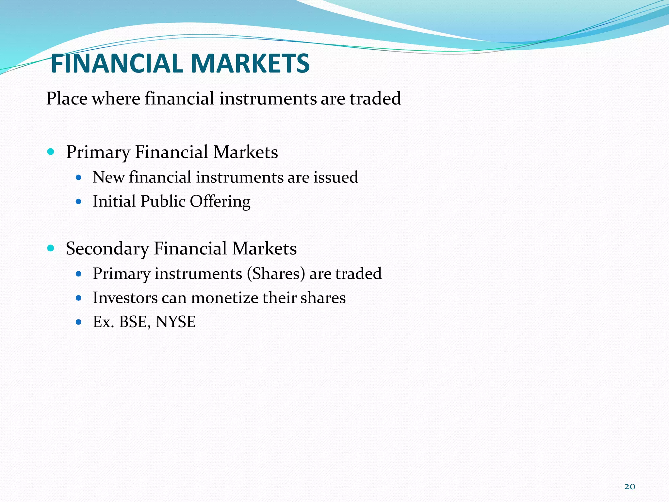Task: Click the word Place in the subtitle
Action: (67, 98)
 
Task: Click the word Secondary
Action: (107, 248)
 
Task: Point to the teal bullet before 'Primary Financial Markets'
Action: (50, 152)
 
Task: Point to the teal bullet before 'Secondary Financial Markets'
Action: (50, 248)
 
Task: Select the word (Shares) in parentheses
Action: (276, 274)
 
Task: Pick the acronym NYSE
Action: (175, 322)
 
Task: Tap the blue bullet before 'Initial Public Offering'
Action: (78, 202)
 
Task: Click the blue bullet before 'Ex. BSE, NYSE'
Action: (78, 322)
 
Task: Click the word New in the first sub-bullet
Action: (108, 177)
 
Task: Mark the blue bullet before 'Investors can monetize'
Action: (78, 298)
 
